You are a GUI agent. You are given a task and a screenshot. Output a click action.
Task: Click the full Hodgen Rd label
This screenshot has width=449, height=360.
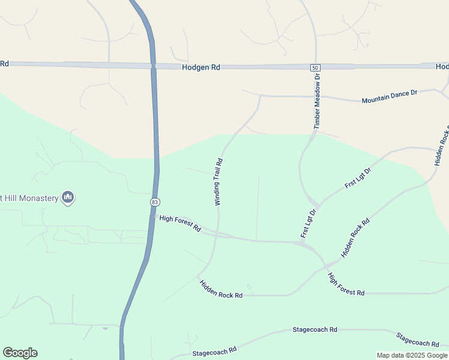point(201,68)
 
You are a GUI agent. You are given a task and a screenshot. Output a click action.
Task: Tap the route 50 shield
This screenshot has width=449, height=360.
point(315,68)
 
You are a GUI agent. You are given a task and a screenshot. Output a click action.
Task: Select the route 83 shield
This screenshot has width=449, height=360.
point(155,202)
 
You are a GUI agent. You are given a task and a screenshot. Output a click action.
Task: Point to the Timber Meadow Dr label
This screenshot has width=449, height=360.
point(318,101)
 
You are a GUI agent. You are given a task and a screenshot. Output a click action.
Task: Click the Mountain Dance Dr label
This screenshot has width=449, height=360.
point(389,97)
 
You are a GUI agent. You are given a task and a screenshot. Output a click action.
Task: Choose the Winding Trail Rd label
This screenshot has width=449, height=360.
point(219,182)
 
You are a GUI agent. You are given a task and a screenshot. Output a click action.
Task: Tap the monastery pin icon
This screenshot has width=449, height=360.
point(68,197)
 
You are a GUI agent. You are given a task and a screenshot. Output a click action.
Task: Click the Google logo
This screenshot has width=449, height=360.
point(20,353)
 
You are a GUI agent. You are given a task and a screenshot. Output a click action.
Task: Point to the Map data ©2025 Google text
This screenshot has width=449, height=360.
point(412,355)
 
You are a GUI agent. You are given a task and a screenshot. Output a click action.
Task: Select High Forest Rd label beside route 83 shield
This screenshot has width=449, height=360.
point(180,223)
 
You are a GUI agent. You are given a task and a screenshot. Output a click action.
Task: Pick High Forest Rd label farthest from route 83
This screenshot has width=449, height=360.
point(346,284)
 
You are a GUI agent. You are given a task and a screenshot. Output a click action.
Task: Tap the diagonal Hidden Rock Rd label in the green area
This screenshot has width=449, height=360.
point(355,238)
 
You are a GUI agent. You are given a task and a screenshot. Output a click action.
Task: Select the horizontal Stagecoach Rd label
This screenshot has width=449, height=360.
point(315,330)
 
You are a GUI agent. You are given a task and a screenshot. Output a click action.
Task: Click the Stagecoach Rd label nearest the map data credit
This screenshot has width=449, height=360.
point(417,340)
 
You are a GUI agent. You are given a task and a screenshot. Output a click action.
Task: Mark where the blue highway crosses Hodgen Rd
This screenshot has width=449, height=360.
point(153,65)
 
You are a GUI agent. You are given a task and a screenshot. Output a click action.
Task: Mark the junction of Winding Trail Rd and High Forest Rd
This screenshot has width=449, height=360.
point(217,235)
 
